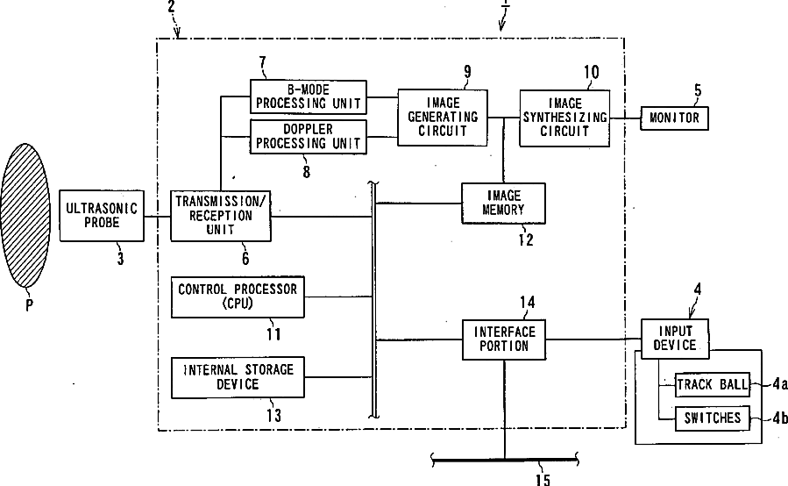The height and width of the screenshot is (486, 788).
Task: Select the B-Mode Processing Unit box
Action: [x=307, y=96]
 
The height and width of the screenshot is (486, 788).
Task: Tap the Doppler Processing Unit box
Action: [x=307, y=137]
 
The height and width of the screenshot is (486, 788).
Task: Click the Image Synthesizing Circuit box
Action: [x=564, y=117]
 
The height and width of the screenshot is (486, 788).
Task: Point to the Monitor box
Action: [x=675, y=118]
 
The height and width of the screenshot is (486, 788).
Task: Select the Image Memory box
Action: [x=503, y=203]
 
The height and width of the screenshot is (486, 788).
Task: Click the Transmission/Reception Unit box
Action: [x=220, y=216]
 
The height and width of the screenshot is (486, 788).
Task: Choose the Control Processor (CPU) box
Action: [x=238, y=296]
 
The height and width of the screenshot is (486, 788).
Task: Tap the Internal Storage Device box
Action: [x=238, y=377]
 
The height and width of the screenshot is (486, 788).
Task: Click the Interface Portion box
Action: [x=502, y=339]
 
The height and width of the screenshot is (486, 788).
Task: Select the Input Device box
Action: [x=674, y=338]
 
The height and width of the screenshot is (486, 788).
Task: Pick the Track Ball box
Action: [x=713, y=385]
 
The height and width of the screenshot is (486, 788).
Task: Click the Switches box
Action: [x=713, y=418]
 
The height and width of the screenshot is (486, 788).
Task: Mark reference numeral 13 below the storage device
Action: [x=273, y=416]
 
